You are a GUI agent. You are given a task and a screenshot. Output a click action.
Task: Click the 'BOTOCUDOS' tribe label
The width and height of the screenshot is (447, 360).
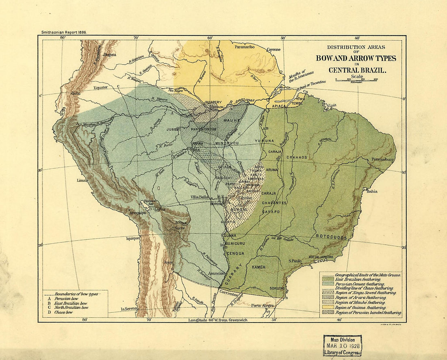(330, 236)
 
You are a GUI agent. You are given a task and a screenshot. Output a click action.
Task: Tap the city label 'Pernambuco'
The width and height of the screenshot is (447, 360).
(382, 159)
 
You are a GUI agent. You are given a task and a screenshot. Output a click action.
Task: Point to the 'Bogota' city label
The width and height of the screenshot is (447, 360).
(110, 54)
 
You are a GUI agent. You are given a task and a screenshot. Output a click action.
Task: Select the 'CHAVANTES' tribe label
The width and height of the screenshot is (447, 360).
(274, 203)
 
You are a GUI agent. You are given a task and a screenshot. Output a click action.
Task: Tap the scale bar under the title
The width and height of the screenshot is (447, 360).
(356, 80)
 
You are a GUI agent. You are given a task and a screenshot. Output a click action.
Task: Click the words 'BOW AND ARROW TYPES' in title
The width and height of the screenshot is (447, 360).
(356, 58)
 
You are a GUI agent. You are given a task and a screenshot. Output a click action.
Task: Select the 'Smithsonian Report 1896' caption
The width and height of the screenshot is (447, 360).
(64, 32)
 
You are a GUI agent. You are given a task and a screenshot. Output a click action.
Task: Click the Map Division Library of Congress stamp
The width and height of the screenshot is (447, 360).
(342, 346)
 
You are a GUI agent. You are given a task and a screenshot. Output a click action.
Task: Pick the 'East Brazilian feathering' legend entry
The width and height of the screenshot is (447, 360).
(358, 279)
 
